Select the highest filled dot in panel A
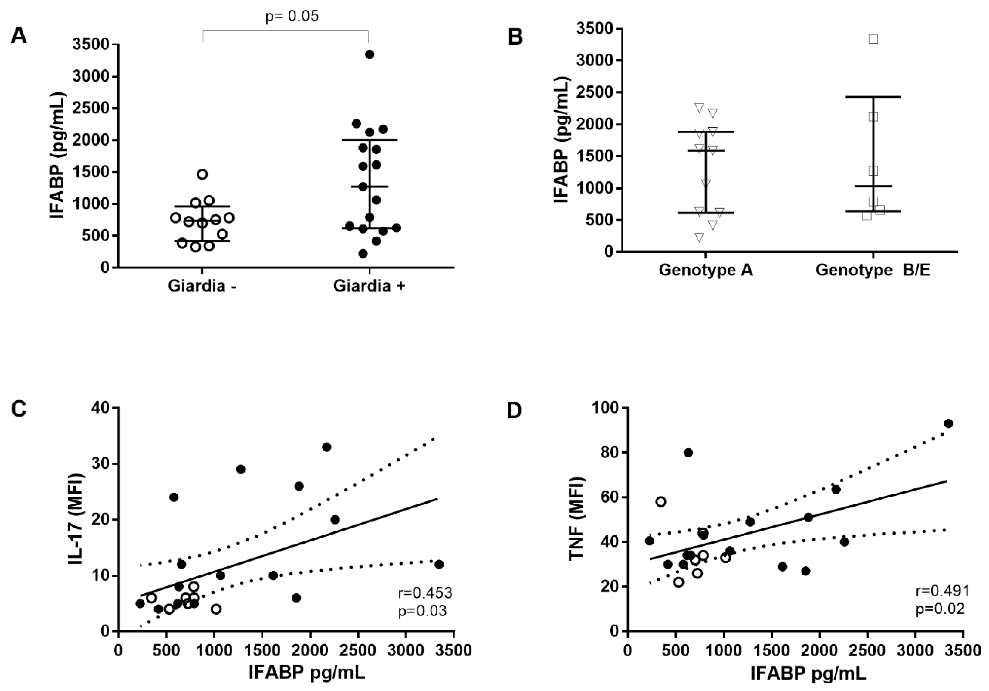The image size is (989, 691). pyautogui.click(x=369, y=54)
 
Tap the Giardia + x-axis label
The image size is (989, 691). pyautogui.click(x=369, y=286)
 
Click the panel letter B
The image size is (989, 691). pyautogui.click(x=516, y=37)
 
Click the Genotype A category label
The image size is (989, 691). pyautogui.click(x=706, y=270)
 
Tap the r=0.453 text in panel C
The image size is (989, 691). pyautogui.click(x=425, y=593)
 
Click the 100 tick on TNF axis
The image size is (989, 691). pyautogui.click(x=607, y=407)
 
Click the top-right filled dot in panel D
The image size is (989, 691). pyautogui.click(x=948, y=423)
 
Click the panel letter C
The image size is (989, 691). pyautogui.click(x=19, y=410)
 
